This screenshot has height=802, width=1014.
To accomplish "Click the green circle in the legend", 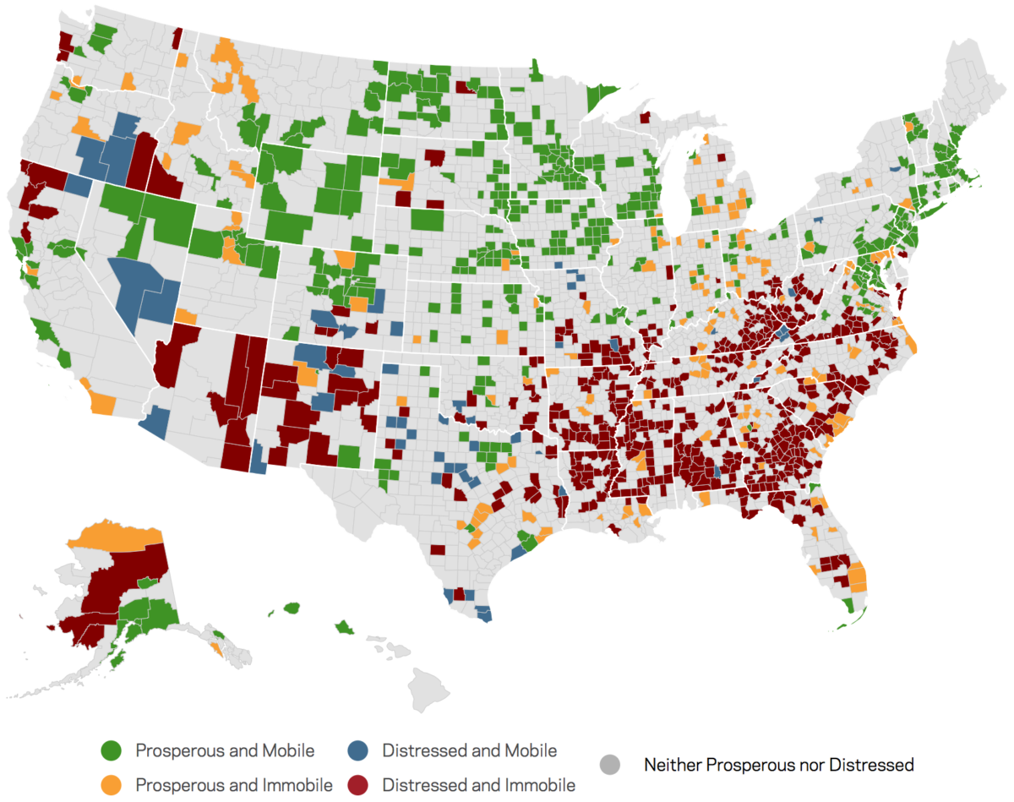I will click(112, 750).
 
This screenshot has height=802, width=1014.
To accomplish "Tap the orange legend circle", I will click(112, 784).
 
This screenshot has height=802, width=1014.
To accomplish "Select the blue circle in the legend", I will click(358, 750).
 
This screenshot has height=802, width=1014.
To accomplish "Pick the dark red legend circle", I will click(358, 784).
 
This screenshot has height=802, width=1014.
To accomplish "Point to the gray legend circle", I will click(610, 766).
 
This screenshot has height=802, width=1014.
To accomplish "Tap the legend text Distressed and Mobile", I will click(469, 750).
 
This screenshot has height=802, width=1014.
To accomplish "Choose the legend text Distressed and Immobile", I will click(478, 785).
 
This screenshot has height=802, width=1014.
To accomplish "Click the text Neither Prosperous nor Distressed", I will click(778, 766).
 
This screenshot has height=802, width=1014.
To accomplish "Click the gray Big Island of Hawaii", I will click(428, 688).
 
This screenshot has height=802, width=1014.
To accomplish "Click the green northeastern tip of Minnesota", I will click(602, 91).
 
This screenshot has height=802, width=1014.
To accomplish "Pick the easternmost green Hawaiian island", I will click(346, 626).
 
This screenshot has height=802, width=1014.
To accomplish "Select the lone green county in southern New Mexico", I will click(349, 456).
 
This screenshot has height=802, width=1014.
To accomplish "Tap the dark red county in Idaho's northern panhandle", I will click(177, 38).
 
